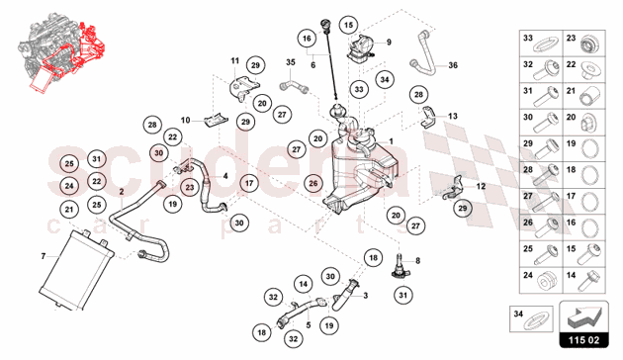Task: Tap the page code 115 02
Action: pos(590,342)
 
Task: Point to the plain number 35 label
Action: pos(292,63)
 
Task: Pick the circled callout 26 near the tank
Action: pos(312,183)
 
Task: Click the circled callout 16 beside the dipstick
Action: pos(307,39)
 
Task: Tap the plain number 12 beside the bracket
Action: pos(482,185)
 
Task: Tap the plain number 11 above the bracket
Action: pos(235,60)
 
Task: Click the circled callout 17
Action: pos(248,183)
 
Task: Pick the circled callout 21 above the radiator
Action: pos(69,209)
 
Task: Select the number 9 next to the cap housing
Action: pos(389,42)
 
